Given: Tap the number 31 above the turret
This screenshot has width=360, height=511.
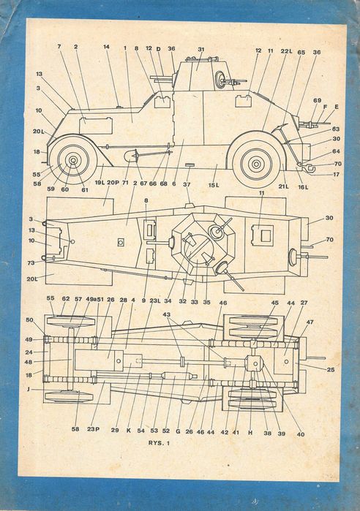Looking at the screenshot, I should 200,49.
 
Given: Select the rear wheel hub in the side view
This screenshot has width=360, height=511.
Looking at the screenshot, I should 253,162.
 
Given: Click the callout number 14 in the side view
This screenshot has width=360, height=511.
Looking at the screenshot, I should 106,48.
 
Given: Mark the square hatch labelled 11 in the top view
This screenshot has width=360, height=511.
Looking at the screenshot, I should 261,235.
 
